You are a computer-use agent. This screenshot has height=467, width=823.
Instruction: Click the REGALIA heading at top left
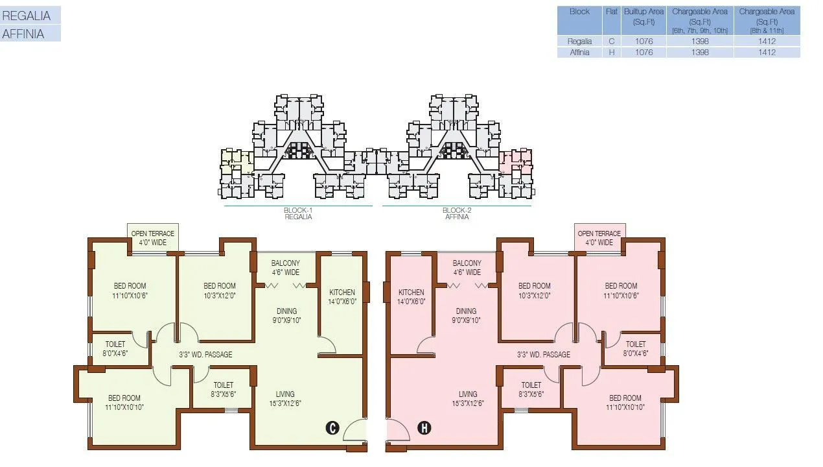point(27,16)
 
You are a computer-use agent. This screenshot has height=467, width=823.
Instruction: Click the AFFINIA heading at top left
point(24,34)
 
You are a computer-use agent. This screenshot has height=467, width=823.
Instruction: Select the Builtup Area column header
point(643,16)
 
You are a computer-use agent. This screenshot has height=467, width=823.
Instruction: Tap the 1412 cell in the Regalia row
point(767,42)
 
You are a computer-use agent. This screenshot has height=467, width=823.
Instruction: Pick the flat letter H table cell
point(611,53)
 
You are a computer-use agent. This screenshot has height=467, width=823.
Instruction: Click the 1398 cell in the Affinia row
point(700,53)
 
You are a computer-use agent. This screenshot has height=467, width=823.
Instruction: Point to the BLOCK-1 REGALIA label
point(299,213)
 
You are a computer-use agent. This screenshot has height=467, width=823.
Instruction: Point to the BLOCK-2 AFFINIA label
point(457,213)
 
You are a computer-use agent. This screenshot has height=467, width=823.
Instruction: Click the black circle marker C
point(332,427)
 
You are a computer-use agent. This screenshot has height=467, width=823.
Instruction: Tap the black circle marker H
point(424,427)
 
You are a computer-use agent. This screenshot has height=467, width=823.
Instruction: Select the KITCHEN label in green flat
point(342,296)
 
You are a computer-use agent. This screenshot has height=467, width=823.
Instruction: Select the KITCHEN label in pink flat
point(411,296)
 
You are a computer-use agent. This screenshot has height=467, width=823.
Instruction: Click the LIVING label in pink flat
point(468,398)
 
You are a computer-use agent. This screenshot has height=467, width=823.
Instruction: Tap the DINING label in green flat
point(286,315)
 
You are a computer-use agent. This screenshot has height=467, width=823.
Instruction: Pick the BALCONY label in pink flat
point(467,267)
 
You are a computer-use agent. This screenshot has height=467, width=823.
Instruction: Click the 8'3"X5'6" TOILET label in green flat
point(223,389)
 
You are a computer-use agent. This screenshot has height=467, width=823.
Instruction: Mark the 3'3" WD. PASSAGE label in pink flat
point(544,355)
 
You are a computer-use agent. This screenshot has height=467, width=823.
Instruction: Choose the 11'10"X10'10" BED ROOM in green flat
point(124,403)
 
